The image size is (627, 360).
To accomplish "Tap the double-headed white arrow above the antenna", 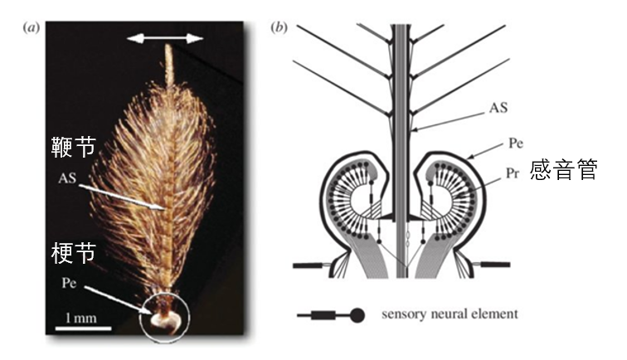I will (170, 37).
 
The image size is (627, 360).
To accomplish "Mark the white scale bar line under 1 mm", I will (83, 330).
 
